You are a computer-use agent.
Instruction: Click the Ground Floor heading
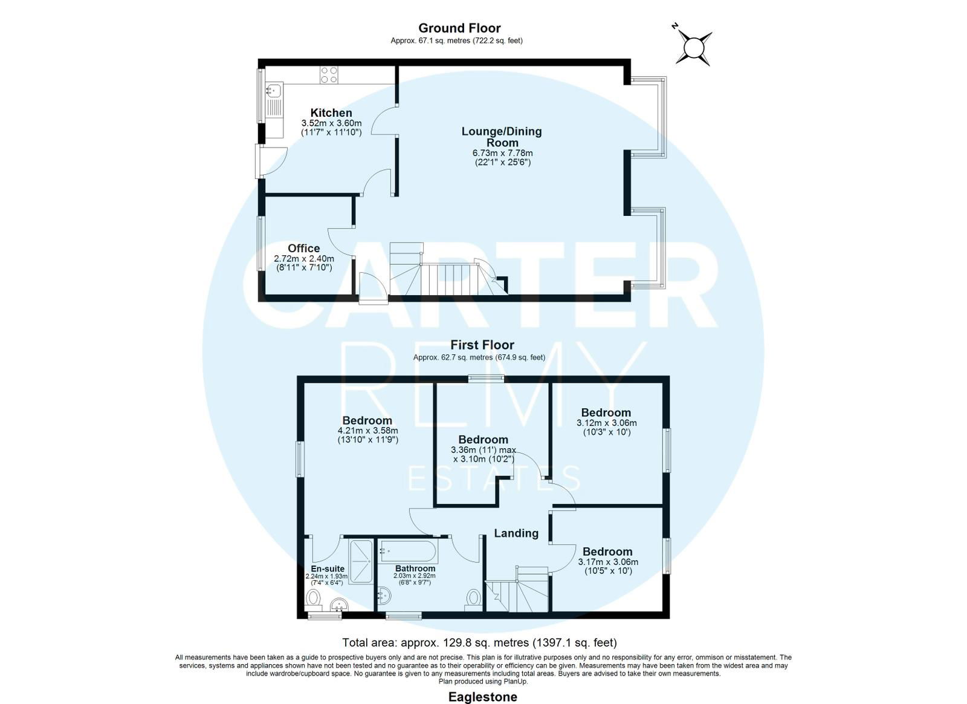pos(459,28)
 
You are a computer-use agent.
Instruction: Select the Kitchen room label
pos(332,112)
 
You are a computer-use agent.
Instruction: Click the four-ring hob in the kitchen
pos(329,75)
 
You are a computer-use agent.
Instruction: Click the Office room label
pos(304,249)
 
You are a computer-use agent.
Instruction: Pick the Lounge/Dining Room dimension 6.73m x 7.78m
pos(502,153)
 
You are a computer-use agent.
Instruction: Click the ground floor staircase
pos(449,269)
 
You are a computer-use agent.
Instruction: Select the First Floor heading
pos(482,345)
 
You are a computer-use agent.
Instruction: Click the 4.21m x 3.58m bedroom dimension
pos(368,431)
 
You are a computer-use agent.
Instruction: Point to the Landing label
pos(516,533)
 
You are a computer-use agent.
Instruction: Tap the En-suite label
pos(328,569)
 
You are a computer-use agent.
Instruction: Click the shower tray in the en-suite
pos(361,561)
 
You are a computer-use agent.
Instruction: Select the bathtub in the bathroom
pos(409,551)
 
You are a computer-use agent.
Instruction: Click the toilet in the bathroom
pos(474,599)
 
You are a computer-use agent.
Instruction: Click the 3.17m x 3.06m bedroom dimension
pos(608,562)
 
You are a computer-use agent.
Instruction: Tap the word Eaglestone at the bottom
pos(483,697)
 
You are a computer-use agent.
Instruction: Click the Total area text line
pos(480,643)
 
